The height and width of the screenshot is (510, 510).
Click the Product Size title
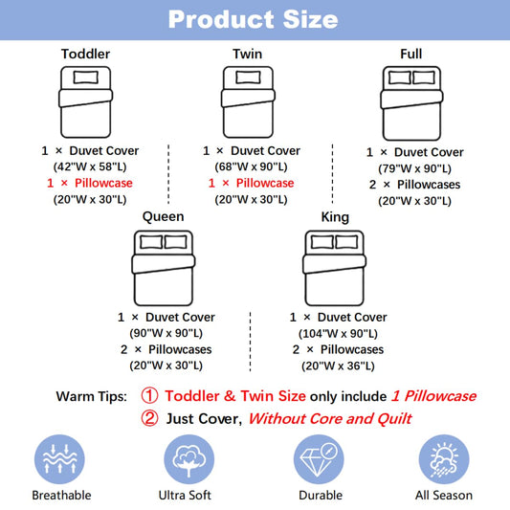253,19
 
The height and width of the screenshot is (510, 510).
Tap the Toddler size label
85,54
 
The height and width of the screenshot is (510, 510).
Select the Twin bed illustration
248,102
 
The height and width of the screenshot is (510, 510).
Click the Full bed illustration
411,103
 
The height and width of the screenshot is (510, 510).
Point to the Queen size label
164,216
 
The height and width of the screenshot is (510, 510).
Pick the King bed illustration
334,268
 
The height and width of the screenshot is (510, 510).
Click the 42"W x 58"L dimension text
90,166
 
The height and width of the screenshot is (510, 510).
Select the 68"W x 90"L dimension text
251,166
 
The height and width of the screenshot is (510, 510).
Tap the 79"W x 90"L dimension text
414,168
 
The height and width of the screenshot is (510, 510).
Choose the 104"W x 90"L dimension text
338,333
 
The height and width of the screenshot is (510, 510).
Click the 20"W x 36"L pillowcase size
338,366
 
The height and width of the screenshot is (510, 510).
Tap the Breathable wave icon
59,459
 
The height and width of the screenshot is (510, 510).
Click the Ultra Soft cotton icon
188,459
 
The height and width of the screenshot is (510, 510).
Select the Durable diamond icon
319,459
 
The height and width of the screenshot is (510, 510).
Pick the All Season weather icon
444,459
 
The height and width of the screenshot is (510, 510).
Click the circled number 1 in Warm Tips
149,396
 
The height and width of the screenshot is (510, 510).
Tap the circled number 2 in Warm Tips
149,418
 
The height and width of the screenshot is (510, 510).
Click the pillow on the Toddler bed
86,78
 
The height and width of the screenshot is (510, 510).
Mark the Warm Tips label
92,396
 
